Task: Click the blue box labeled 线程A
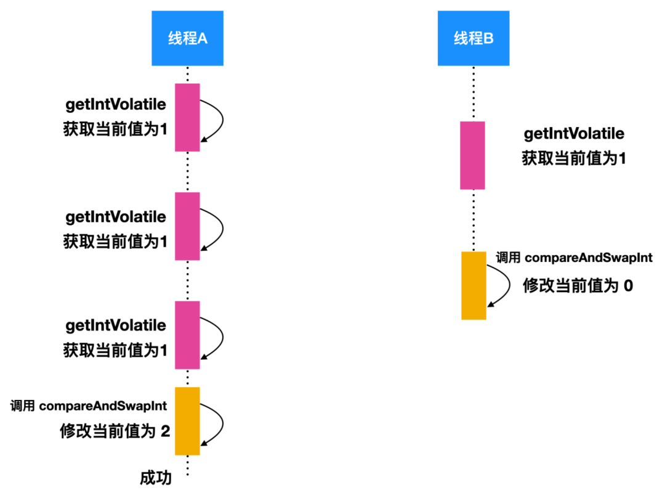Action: pos(188,38)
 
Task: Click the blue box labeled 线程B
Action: pos(474,38)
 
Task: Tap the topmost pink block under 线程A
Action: pos(187,117)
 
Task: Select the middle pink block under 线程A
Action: pos(187,226)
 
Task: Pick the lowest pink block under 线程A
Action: pos(187,335)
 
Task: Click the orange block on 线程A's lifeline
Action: pos(187,421)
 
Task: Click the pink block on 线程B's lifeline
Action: pos(472,155)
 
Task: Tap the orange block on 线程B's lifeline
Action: pos(474,285)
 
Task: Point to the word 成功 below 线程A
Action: pos(155,478)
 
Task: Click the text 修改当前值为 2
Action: pos(115,431)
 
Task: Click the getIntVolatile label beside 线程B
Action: pos(574,133)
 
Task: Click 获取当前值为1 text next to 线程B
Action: pos(574,158)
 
